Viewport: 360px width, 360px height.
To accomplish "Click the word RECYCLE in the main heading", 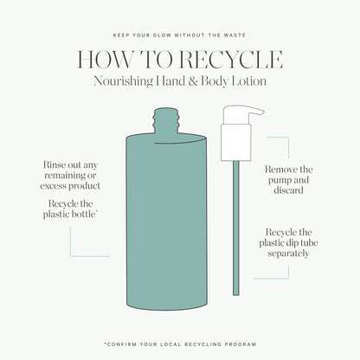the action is [231, 60].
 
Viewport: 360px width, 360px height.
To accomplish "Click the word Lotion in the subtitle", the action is [249, 80].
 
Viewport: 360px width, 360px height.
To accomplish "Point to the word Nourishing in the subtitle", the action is [123, 81].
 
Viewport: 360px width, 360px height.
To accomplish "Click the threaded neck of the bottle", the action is [167, 120].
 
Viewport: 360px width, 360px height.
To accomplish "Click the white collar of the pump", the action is [236, 142].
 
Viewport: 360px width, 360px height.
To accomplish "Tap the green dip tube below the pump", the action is [236, 228].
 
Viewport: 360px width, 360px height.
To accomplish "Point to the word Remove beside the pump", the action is [282, 170].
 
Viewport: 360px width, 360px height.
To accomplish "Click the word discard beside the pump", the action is [288, 190].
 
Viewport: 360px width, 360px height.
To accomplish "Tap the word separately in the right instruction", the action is [288, 254].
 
